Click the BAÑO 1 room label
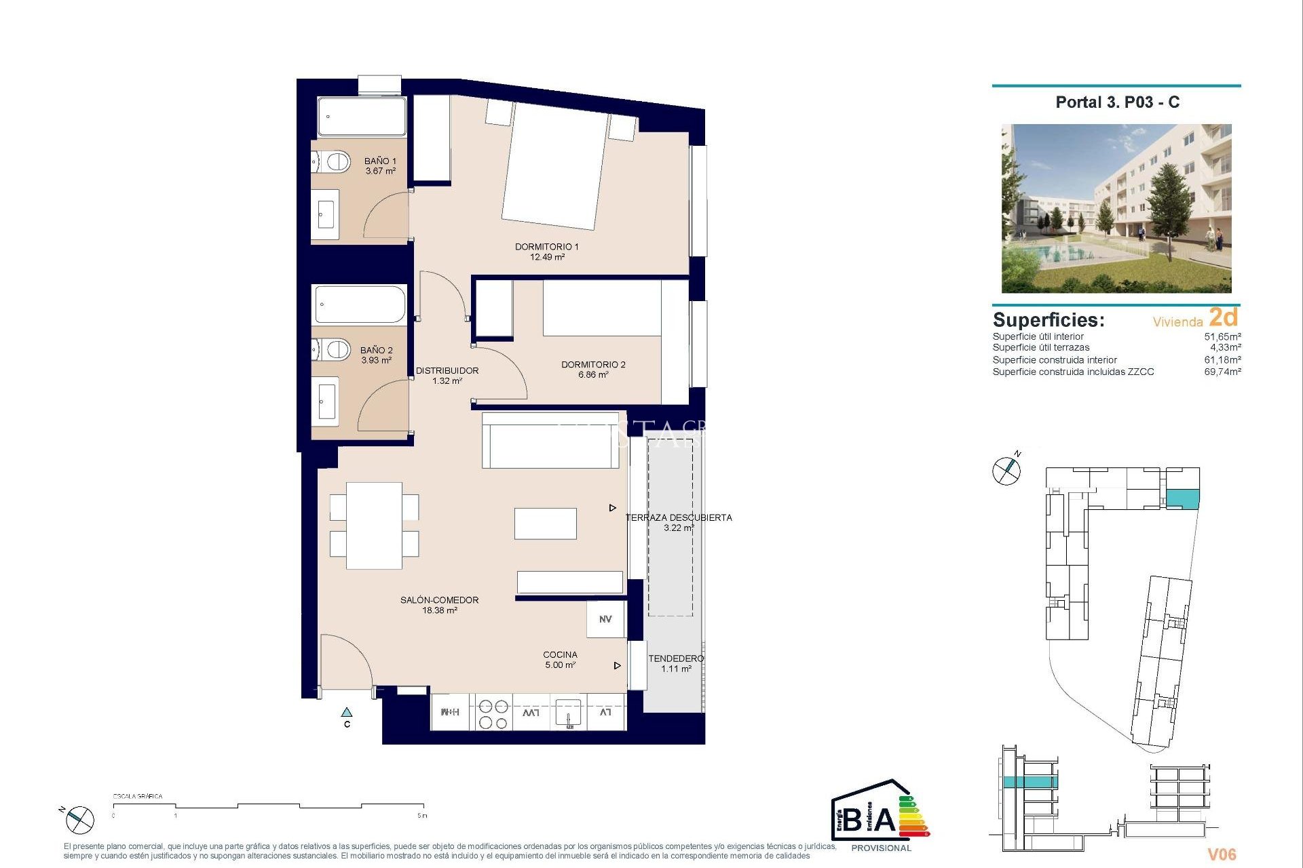[380, 161]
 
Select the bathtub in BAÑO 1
[362, 117]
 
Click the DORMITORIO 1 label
[546, 247]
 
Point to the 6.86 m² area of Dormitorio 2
[593, 375]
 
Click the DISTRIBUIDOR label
[447, 370]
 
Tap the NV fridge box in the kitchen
[605, 619]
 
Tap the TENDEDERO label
[676, 658]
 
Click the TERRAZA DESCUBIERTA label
[679, 517]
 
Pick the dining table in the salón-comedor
[374, 526]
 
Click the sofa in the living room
[550, 441]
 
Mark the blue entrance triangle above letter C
[347, 713]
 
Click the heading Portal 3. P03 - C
[1117, 102]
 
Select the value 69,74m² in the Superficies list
[1222, 372]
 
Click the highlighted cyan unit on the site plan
[1183, 498]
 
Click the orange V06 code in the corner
[1222, 854]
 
